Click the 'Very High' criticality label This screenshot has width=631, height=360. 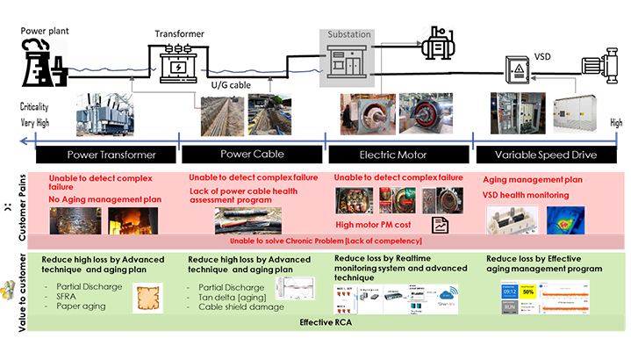[33, 124]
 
